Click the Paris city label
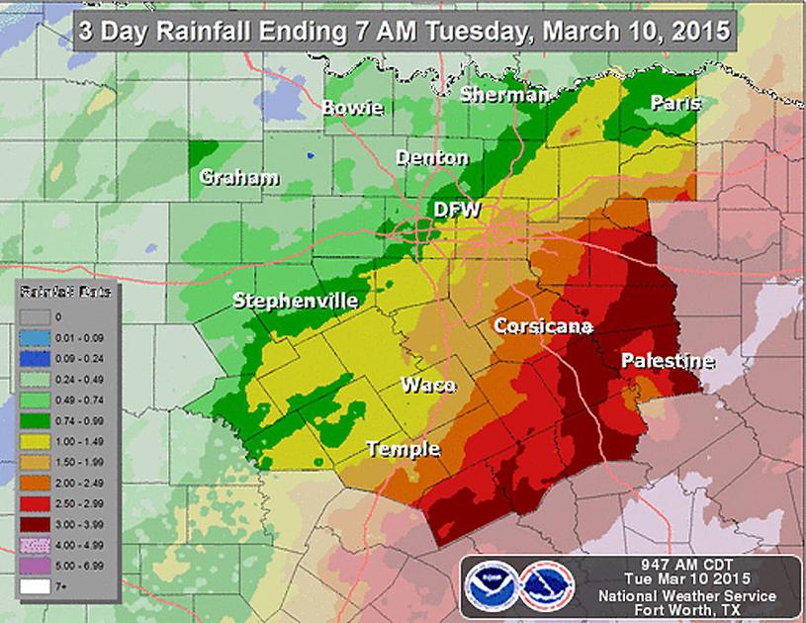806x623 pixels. [676, 103]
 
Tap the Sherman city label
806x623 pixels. [504, 95]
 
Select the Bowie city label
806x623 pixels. [353, 108]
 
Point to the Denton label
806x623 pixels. [432, 158]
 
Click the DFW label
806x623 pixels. [458, 210]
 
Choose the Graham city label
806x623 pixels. [238, 178]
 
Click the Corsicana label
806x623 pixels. [543, 326]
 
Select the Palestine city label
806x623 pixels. [667, 362]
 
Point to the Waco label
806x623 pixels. [427, 385]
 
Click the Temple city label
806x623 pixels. [403, 449]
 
